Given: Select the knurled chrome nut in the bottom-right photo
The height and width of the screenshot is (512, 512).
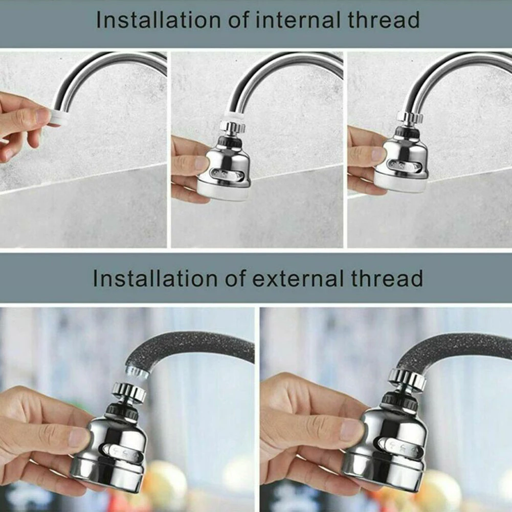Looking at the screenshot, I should (407, 379).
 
